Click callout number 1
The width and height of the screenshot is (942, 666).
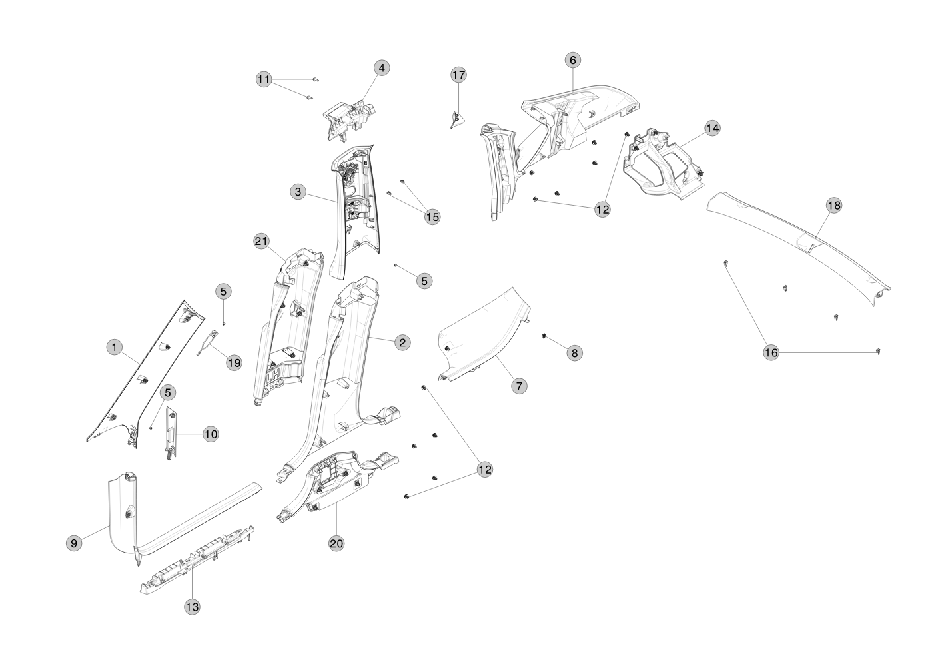click(x=115, y=347)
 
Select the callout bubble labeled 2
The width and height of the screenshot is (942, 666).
click(x=401, y=342)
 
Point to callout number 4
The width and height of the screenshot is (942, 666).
click(x=381, y=68)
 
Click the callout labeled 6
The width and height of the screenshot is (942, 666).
click(x=572, y=60)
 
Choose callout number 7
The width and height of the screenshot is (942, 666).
click(x=519, y=385)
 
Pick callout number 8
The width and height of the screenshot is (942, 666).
click(x=574, y=353)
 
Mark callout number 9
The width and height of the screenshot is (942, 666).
click(x=74, y=543)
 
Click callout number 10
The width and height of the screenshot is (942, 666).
click(x=210, y=434)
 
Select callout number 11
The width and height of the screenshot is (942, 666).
click(x=264, y=79)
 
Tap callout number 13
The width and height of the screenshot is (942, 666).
click(x=192, y=607)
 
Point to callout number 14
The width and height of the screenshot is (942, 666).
click(x=712, y=127)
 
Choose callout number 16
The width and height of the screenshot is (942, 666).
click(x=771, y=353)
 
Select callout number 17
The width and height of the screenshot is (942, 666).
click(x=459, y=75)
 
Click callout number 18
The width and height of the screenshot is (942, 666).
click(x=833, y=205)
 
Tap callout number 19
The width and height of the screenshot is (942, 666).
click(x=233, y=362)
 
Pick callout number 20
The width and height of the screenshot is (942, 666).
click(x=336, y=543)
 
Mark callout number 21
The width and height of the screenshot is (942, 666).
click(x=261, y=241)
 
